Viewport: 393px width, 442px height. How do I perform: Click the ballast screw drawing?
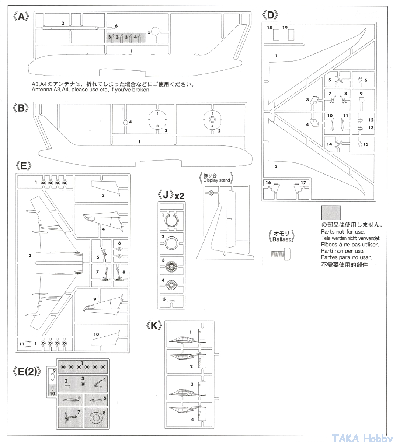coord(280,254)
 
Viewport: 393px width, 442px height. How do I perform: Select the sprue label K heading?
coord(154,326)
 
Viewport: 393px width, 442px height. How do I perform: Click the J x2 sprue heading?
coord(170,195)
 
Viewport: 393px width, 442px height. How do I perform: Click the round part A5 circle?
coord(155,32)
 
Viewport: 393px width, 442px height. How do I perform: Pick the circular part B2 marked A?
coord(212,120)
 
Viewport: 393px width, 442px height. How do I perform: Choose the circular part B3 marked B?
coord(158,120)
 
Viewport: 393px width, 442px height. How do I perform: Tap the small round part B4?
coord(125,122)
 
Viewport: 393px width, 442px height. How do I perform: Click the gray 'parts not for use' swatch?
coord(331,213)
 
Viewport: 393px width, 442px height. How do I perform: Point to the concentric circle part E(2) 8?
coord(95,418)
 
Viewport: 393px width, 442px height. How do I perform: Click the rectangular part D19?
coord(291,35)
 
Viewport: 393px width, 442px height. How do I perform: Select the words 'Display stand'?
coord(216,180)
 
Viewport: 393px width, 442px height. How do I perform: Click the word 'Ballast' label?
coord(282,239)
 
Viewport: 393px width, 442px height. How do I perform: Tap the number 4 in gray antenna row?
coord(136,37)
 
